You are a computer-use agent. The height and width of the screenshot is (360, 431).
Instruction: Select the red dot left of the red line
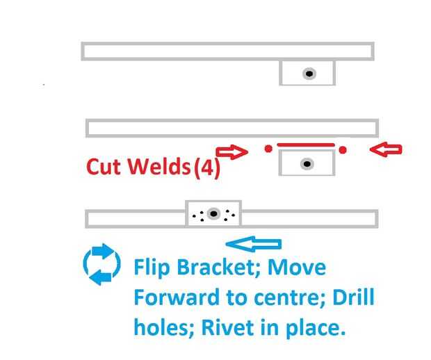[268, 149]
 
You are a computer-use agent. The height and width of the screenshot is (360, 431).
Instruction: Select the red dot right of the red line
[343, 149]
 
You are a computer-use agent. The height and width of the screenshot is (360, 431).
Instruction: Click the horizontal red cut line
[306, 145]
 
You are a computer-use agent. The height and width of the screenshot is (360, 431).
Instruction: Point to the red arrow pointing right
[231, 151]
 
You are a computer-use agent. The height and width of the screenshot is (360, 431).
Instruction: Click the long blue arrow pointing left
[254, 244]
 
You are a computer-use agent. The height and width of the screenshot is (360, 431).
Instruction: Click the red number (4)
[206, 167]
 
